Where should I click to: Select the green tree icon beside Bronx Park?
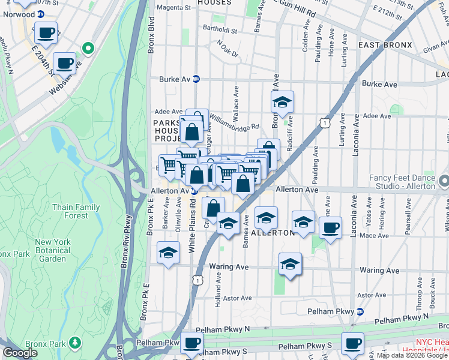pyautogui.click(x=75, y=343)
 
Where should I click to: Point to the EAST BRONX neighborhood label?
pyautogui.click(x=385, y=45)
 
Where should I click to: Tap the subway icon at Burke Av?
pyautogui.click(x=196, y=79)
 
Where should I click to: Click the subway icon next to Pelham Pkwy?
pyautogui.click(x=360, y=311)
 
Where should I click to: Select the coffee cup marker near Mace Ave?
pyautogui.click(x=330, y=228)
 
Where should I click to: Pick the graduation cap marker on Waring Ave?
pyautogui.click(x=290, y=263)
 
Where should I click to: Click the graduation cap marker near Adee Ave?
pyautogui.click(x=282, y=103)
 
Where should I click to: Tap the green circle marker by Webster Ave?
pyautogui.click(x=88, y=47)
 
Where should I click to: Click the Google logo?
pyautogui.click(x=20, y=353)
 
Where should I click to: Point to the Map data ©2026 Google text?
pyautogui.click(x=411, y=355)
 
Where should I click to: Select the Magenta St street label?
pyautogui.click(x=173, y=8)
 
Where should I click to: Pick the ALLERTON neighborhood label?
pyautogui.click(x=274, y=232)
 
